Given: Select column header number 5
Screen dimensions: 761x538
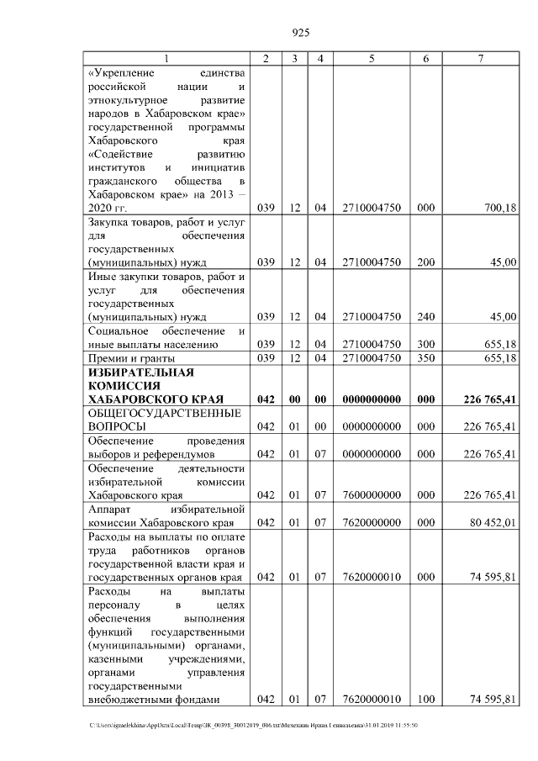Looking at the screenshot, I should pos(371,59).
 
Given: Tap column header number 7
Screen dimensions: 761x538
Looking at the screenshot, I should pos(480,59).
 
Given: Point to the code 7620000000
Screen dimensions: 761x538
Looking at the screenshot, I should pos(371,522).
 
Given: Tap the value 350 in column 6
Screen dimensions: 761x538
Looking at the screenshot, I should pos(426,358).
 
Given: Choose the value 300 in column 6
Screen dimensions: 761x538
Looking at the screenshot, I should pos(426,344).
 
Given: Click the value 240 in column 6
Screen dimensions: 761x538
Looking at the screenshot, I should pos(426,316).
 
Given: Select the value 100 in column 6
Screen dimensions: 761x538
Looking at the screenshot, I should pos(426,699).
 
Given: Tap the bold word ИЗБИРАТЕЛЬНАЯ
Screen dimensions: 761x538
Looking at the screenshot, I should pos(135,372).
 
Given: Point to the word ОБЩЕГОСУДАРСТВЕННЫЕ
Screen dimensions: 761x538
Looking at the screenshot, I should pos(166,413).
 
